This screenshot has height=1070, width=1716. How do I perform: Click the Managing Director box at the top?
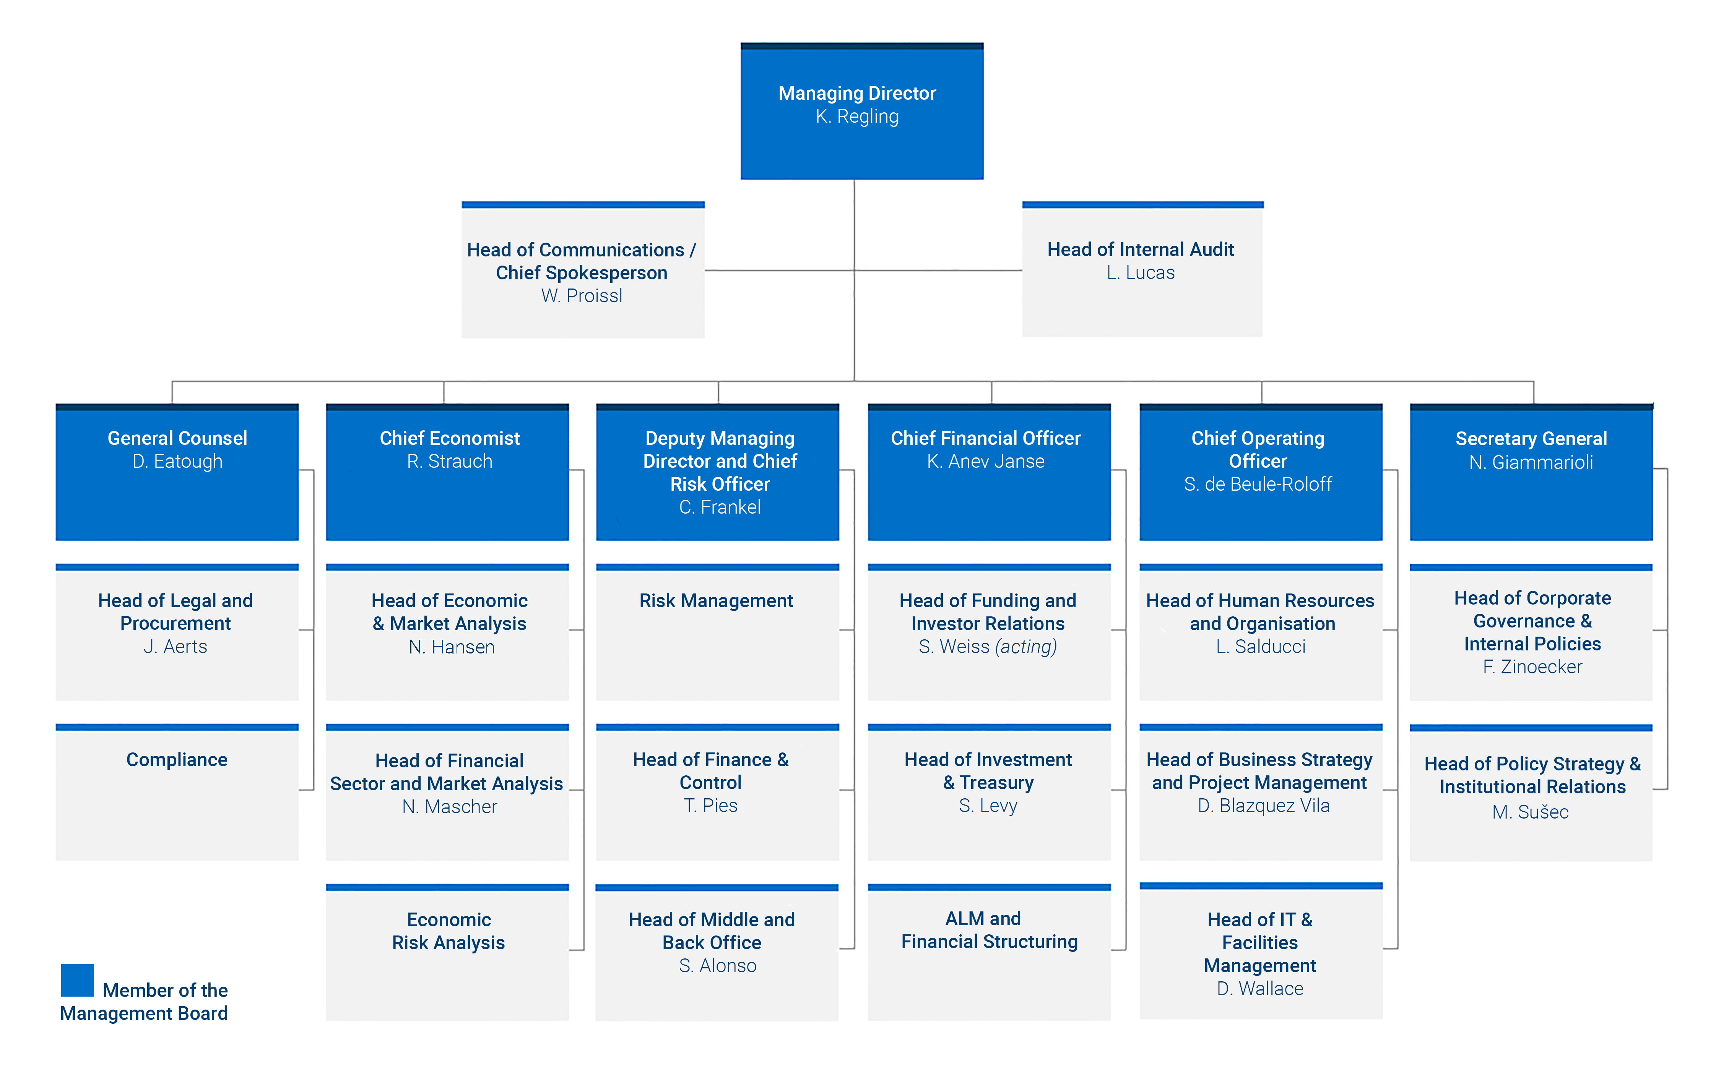[x=861, y=111]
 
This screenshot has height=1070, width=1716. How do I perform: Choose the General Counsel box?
[x=177, y=472]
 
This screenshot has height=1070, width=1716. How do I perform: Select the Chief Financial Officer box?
[x=989, y=472]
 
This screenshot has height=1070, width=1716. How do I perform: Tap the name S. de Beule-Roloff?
[x=1258, y=484]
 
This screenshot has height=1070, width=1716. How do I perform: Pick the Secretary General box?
[x=1531, y=472]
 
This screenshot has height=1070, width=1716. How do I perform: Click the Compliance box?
[x=177, y=792]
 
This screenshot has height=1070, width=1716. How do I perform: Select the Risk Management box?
[x=717, y=632]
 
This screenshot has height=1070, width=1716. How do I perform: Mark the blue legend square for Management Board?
[x=77, y=980]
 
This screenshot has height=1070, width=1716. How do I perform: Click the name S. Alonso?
[x=717, y=966]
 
